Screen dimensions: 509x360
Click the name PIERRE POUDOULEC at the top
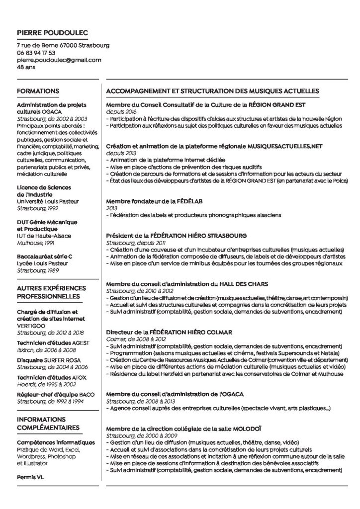[x=52, y=33]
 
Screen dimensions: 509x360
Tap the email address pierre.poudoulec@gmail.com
[x=59, y=60]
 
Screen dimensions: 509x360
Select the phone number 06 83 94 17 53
[x=36, y=53]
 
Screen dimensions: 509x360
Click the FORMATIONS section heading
[x=38, y=91]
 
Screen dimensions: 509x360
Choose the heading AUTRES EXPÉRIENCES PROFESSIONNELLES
[x=51, y=292]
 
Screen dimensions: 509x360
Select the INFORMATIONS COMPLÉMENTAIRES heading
[x=48, y=423]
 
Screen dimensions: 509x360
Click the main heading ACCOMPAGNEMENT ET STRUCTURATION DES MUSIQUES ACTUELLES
[x=212, y=91]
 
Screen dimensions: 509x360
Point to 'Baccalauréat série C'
[x=45, y=256]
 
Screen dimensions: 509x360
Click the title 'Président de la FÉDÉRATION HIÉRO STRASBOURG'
[x=187, y=236]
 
